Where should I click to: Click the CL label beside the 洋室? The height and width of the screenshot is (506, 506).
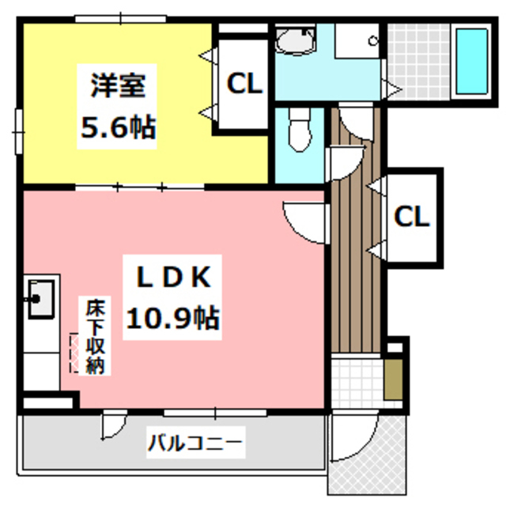click(244, 84)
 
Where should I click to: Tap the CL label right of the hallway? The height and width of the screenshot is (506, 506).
click(411, 215)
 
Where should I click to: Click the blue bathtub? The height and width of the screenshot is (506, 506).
click(472, 61)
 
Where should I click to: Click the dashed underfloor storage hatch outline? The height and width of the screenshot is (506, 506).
click(76, 353)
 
